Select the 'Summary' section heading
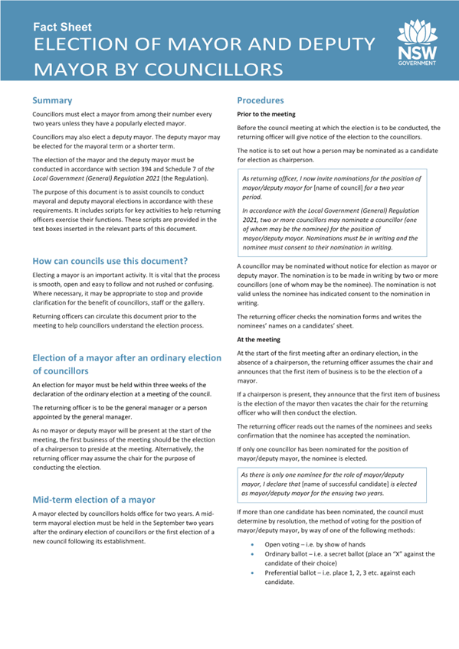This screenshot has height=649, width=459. (x=52, y=100)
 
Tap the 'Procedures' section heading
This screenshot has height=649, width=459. (x=261, y=100)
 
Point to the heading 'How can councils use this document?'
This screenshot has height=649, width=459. (x=110, y=260)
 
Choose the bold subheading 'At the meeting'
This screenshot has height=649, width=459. (x=258, y=338)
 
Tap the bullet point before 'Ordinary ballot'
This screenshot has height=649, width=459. (x=254, y=555)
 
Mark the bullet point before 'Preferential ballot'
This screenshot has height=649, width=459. (x=254, y=573)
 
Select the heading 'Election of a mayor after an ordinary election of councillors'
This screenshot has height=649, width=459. (x=126, y=364)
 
